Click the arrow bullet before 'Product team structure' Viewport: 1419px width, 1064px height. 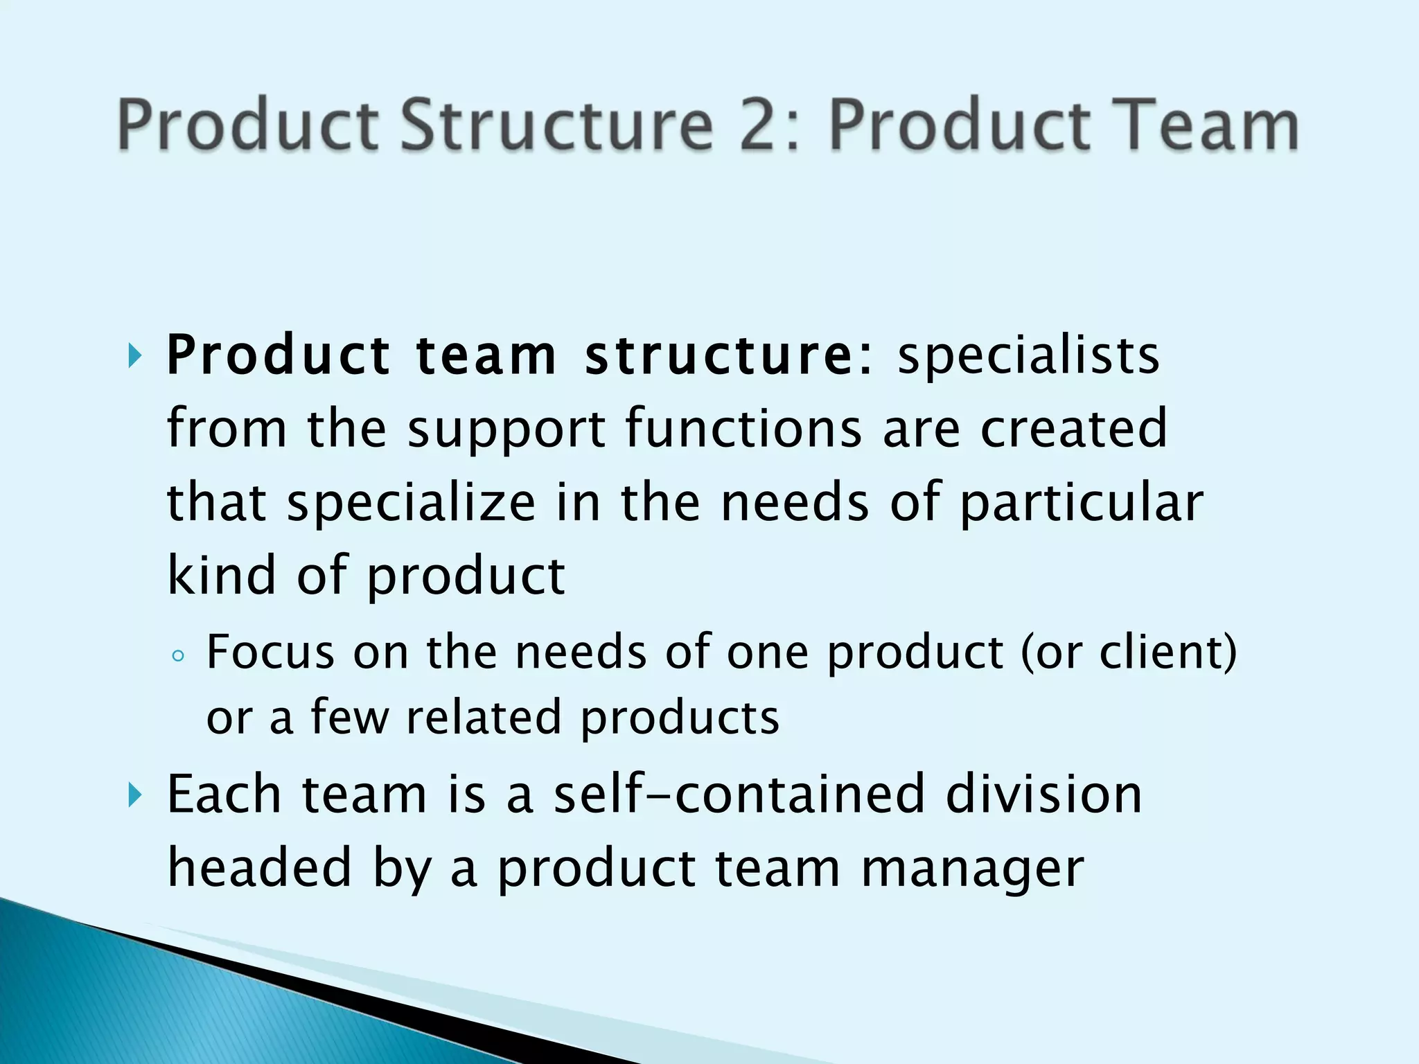point(134,357)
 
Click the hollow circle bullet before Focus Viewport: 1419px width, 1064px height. point(178,656)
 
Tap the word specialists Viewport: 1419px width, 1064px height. point(1028,355)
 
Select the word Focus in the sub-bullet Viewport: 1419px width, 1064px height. point(271,652)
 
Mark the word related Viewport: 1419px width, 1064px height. point(483,717)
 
